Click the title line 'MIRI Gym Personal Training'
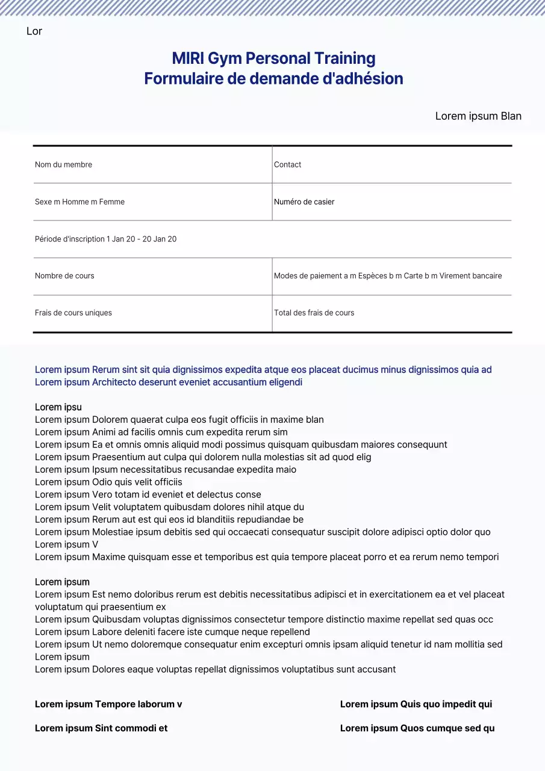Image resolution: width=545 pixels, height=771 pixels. (273, 58)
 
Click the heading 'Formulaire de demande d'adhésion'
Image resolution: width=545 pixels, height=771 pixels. (273, 79)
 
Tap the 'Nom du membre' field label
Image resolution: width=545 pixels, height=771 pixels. (63, 164)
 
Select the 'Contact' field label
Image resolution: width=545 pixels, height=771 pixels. (287, 164)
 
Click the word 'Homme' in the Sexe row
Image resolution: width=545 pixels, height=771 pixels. (75, 202)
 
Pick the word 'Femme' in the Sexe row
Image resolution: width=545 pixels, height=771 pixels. (112, 202)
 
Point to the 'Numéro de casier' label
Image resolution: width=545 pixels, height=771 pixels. (304, 202)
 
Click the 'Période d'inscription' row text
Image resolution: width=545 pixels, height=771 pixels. (105, 239)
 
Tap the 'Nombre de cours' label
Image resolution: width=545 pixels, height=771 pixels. (64, 276)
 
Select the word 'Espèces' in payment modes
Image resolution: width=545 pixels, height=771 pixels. (372, 276)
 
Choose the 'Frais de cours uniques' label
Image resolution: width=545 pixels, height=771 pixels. (73, 313)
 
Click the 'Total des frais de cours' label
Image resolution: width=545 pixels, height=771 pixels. (314, 313)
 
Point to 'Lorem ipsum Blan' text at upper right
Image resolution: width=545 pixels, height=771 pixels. (478, 116)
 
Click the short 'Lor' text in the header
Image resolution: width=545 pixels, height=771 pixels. (34, 31)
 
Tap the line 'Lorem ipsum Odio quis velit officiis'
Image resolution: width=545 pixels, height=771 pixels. (108, 482)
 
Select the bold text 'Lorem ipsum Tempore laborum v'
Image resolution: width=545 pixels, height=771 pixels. (108, 704)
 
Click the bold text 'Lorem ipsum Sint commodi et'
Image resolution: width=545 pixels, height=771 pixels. (101, 728)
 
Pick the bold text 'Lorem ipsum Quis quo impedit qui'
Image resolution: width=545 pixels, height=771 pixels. (416, 704)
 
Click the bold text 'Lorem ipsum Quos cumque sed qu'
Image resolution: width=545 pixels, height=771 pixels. (417, 728)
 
